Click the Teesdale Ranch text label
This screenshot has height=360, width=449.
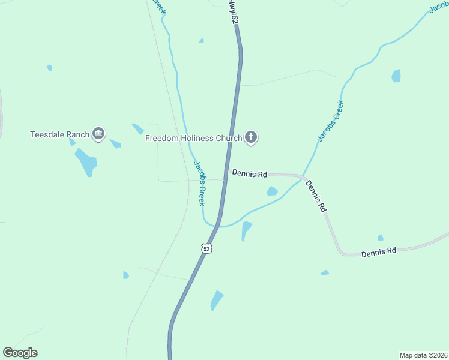tap(59, 134)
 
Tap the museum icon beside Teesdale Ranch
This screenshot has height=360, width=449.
tap(99, 134)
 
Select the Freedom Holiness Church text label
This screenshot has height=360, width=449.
tap(193, 138)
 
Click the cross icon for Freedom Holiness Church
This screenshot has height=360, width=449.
tap(252, 138)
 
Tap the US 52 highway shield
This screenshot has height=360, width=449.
tap(206, 248)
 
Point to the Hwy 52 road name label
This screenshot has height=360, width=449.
tap(234, 12)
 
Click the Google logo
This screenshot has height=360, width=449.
tap(20, 353)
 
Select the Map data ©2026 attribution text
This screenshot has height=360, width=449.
tap(423, 355)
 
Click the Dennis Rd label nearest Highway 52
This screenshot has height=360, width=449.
tap(249, 174)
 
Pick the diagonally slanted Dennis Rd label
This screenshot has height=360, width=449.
tap(316, 196)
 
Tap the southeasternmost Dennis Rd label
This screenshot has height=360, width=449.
tap(379, 251)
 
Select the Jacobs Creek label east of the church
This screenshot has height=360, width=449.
tap(331, 121)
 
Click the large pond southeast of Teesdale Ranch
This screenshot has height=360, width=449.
tap(86, 161)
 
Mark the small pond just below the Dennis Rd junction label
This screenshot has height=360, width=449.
tap(272, 191)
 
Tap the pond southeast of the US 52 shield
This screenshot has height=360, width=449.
tap(216, 300)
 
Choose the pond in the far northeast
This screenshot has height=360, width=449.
tap(396, 76)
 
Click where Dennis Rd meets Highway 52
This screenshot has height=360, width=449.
tap(227, 172)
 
